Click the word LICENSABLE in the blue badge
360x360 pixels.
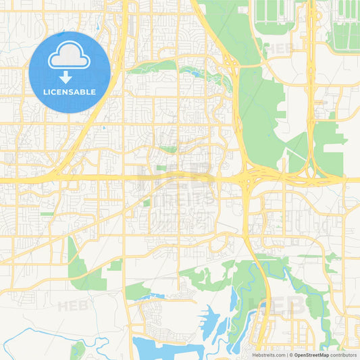pyautogui.click(x=70, y=91)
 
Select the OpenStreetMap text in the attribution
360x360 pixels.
pyautogui.click(x=311, y=355)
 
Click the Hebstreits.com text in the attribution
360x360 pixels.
pyautogui.click(x=267, y=355)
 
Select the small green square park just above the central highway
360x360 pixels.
pyautogui.click(x=161, y=168)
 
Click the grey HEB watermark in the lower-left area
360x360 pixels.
pyautogui.click(x=73, y=305)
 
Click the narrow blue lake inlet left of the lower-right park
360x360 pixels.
pyautogui.click(x=234, y=301)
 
